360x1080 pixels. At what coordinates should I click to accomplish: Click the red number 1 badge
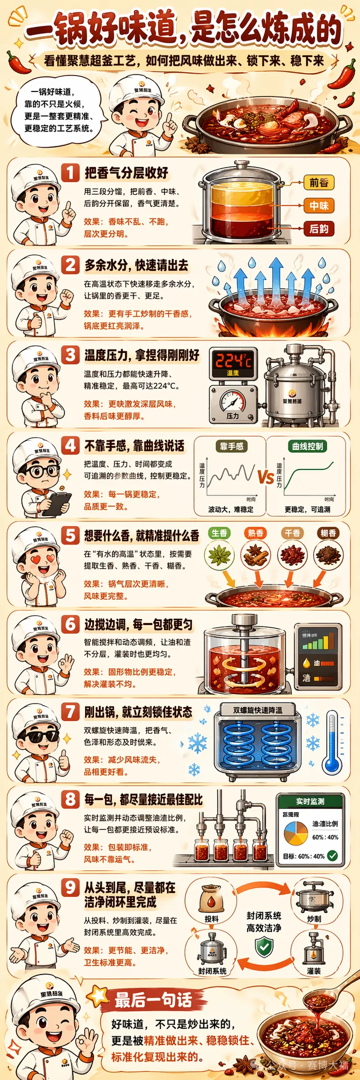(x=70, y=173)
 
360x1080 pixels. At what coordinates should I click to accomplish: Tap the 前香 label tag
(x=319, y=182)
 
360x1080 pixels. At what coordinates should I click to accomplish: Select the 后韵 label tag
(x=319, y=229)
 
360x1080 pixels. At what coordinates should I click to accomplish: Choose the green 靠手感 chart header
(x=232, y=446)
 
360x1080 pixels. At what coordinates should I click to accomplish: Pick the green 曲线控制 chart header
(x=307, y=446)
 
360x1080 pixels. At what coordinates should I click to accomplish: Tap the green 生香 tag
(x=219, y=533)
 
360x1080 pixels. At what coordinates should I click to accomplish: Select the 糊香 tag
(x=328, y=533)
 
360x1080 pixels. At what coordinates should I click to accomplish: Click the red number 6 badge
(x=70, y=624)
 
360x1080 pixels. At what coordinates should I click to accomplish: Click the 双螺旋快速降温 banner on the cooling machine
(x=258, y=710)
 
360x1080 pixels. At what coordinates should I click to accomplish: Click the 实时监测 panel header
(x=310, y=801)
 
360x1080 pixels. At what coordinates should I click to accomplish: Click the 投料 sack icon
(x=211, y=899)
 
